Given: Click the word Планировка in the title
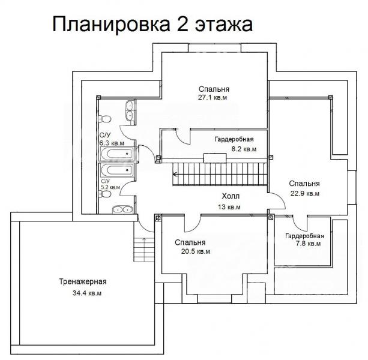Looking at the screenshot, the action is point(111,25).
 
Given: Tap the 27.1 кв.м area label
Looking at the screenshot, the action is point(213,97).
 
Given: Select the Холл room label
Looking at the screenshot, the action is point(231,196).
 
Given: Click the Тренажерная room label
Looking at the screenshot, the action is point(83,281).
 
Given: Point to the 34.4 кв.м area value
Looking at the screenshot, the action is point(87,293).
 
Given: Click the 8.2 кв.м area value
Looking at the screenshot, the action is point(244,149).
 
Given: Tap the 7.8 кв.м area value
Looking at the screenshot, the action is point(308,244).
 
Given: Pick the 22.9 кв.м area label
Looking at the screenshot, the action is point(305,193).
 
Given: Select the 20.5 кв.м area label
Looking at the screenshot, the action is point(196,251).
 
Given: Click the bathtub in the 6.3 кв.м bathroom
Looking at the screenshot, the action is point(117,154).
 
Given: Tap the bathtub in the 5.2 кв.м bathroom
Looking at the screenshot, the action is point(117,170).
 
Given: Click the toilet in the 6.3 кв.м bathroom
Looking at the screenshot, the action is point(104,119).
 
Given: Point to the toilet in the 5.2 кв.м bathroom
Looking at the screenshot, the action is point(104,194).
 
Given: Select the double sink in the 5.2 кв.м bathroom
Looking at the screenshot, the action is point(122,209).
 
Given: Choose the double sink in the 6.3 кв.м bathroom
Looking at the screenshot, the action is point(130,110).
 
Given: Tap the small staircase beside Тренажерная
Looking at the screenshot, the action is point(144,250).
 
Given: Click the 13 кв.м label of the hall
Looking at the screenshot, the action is point(229,207).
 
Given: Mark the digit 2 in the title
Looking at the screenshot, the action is point(182,24).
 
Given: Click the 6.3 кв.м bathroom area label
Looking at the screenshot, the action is point(112,143).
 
